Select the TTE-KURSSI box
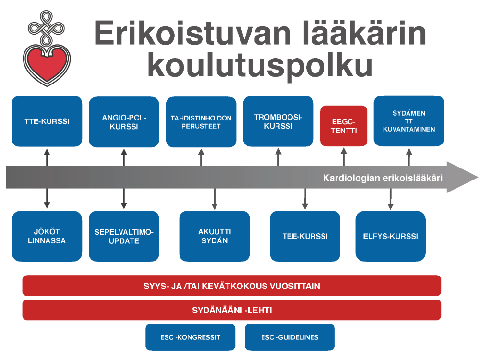tap(47, 121)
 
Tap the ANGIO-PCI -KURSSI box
tap(124, 122)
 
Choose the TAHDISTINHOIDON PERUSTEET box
tap(201, 122)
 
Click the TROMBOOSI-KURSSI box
tap(278, 121)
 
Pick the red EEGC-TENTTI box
tap(344, 126)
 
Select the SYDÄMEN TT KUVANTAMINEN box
tap(409, 121)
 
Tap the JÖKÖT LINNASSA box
tap(47, 236)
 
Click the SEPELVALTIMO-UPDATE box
tap(124, 236)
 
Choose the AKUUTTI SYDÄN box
tap(215, 236)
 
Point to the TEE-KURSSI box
tap(305, 236)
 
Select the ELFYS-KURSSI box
tap(391, 236)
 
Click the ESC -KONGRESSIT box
tap(191, 337)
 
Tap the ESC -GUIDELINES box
tap(289, 337)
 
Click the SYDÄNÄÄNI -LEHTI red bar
tap(232, 310)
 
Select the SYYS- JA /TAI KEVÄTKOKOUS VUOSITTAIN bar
tap(232, 286)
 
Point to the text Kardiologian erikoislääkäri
tap(383, 178)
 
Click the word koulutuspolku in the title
tap(260, 65)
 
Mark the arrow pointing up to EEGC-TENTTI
tap(344, 157)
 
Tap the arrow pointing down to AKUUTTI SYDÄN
tap(215, 199)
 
